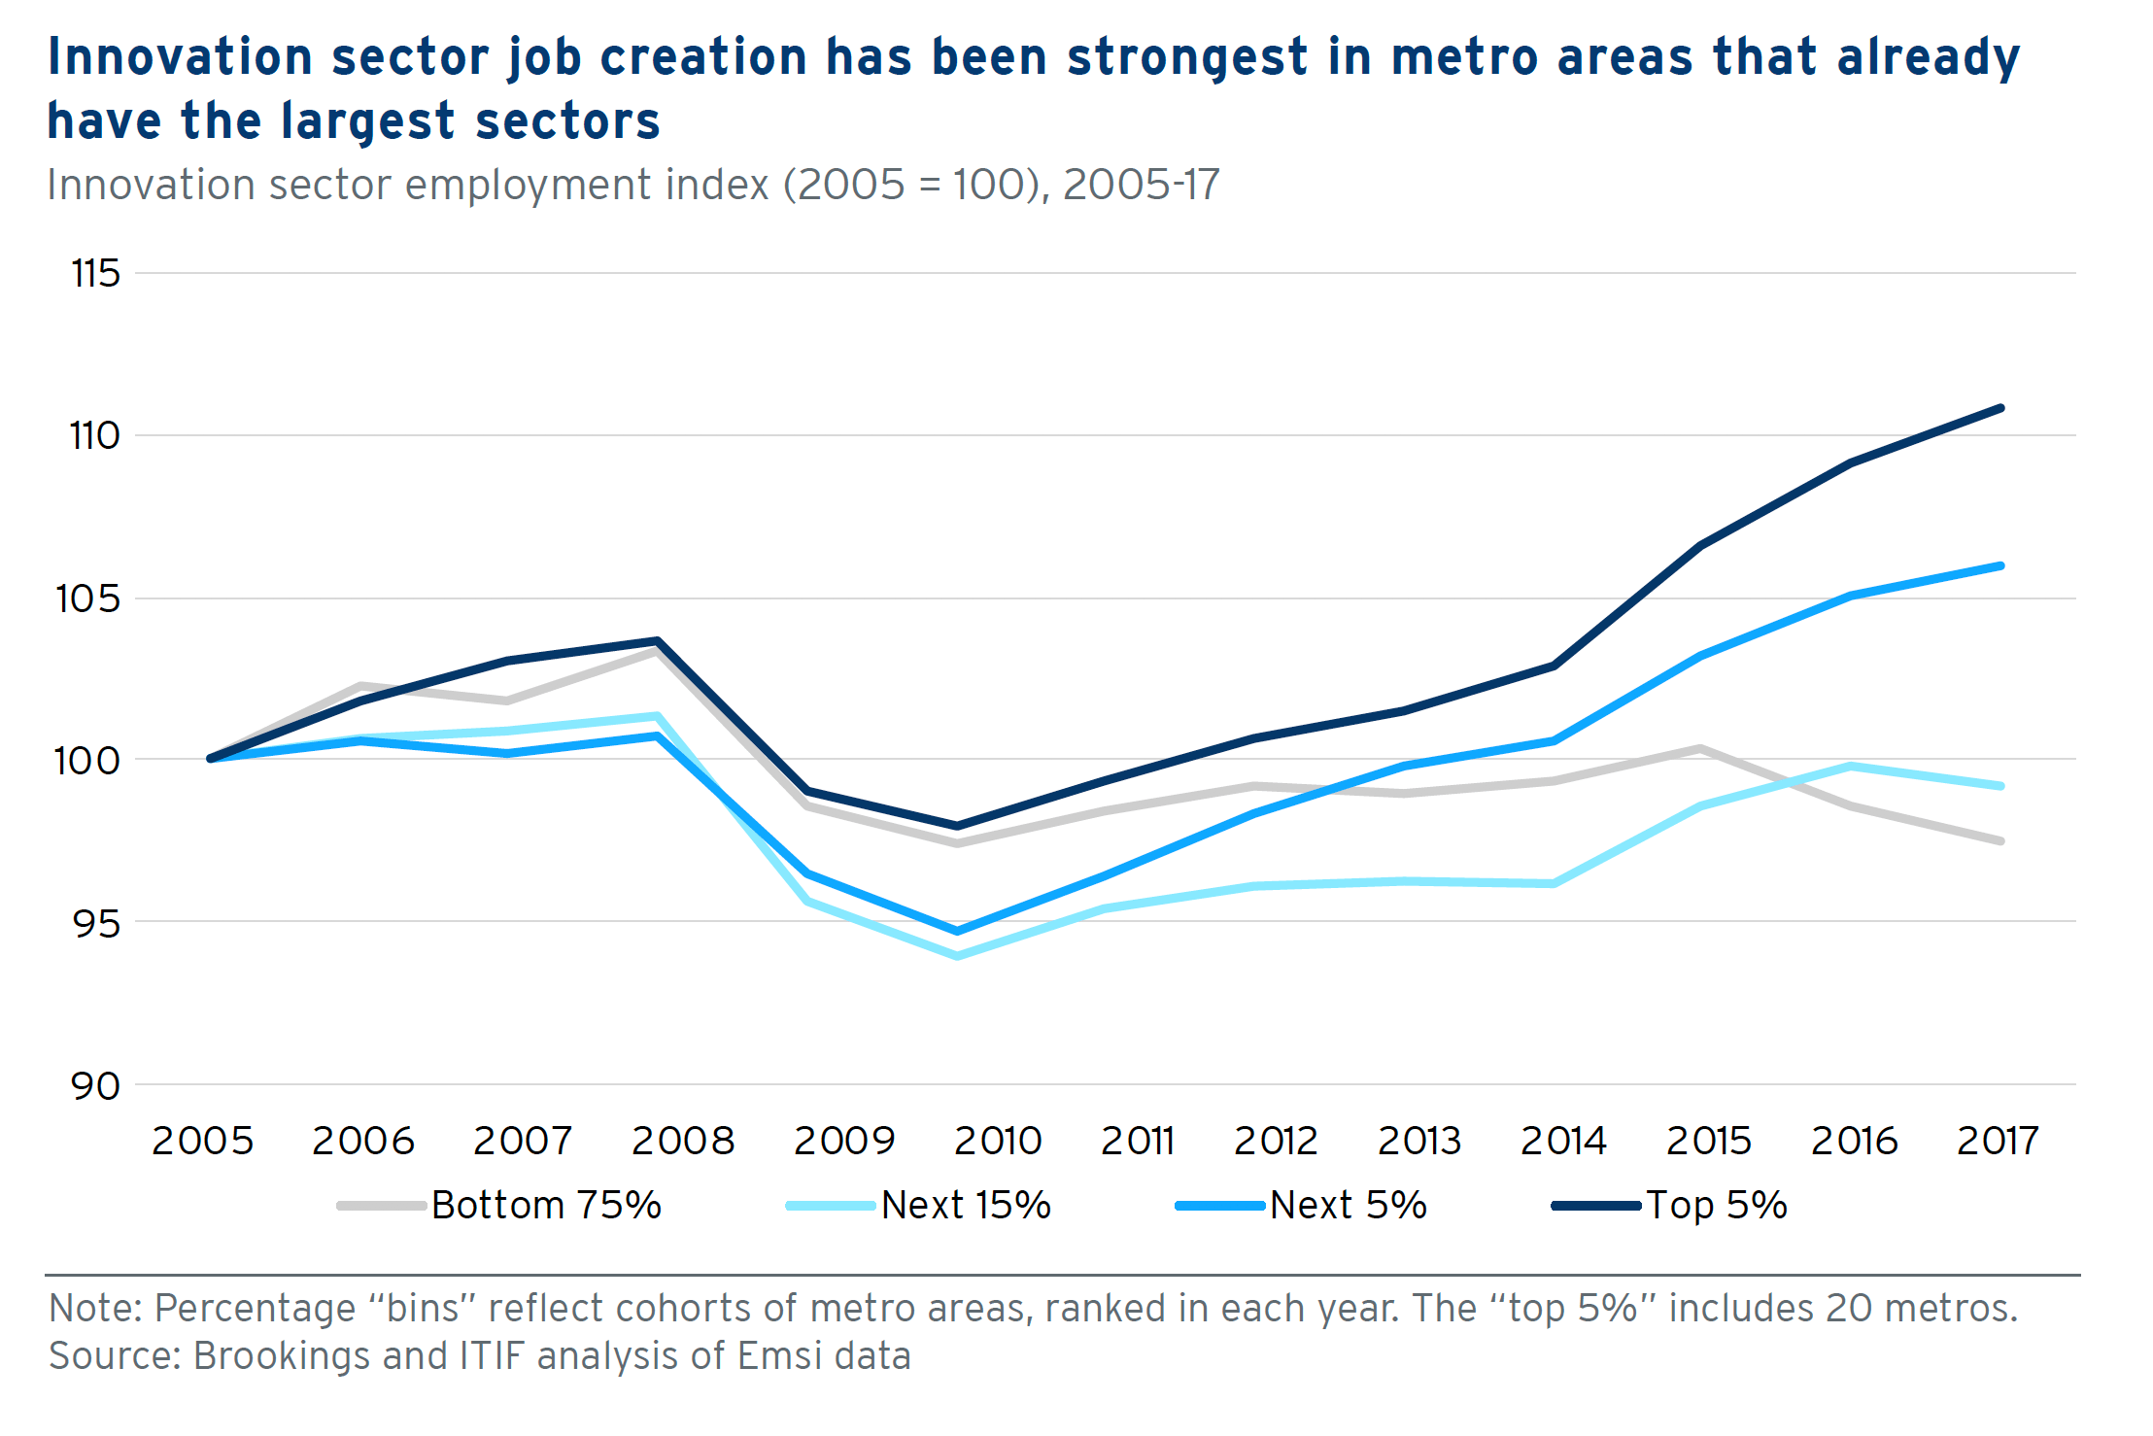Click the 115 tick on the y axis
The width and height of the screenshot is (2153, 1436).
[x=95, y=274]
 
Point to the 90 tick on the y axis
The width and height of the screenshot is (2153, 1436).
[x=95, y=1085]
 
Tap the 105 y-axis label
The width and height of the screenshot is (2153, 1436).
[x=88, y=598]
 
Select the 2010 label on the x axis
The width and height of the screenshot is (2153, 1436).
[x=998, y=1141]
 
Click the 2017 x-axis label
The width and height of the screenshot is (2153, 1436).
[x=1997, y=1141]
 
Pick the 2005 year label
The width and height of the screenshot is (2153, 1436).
[x=202, y=1141]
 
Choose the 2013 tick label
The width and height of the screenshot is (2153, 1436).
[x=1418, y=1141]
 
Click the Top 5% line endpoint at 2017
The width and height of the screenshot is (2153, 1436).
[x=2000, y=408]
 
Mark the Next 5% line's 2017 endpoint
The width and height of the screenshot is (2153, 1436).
[x=2000, y=565]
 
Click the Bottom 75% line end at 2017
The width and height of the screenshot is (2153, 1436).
[x=2000, y=840]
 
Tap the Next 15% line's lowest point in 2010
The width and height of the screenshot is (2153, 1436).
[x=958, y=956]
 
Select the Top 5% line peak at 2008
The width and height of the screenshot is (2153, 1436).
[x=658, y=641]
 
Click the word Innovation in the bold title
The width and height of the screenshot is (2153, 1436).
[x=181, y=56]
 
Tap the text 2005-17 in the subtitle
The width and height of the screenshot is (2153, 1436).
[x=1141, y=185]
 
